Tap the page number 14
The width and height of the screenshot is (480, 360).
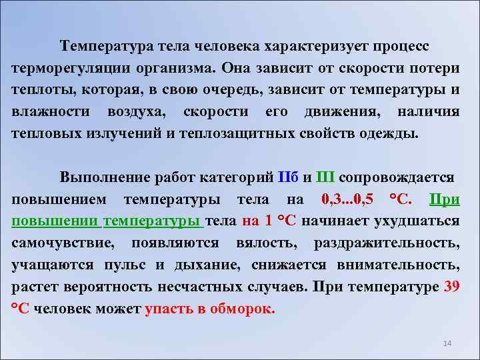pyautogui.click(x=447, y=343)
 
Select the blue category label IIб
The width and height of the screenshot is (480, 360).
pyautogui.click(x=289, y=177)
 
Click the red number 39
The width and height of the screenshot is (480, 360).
pyautogui.click(x=451, y=287)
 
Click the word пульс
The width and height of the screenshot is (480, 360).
pyautogui.click(x=126, y=265)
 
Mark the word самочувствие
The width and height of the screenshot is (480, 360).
pyautogui.click(x=63, y=243)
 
